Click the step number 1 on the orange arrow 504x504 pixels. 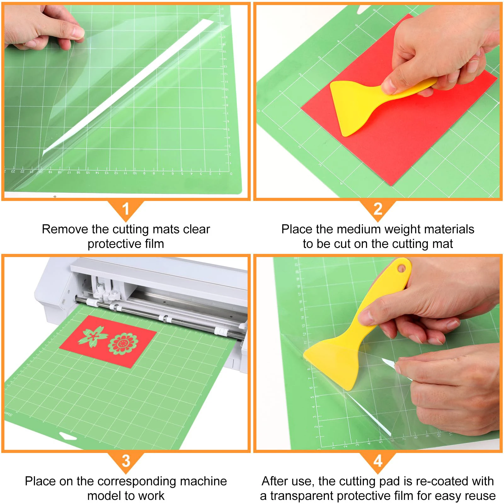click(126, 209)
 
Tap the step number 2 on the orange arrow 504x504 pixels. click(378, 209)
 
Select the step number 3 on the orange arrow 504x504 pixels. click(126, 461)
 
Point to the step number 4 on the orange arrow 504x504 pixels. click(378, 461)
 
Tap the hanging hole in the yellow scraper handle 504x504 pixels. click(401, 268)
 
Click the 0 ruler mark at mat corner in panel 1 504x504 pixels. click(231, 174)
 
